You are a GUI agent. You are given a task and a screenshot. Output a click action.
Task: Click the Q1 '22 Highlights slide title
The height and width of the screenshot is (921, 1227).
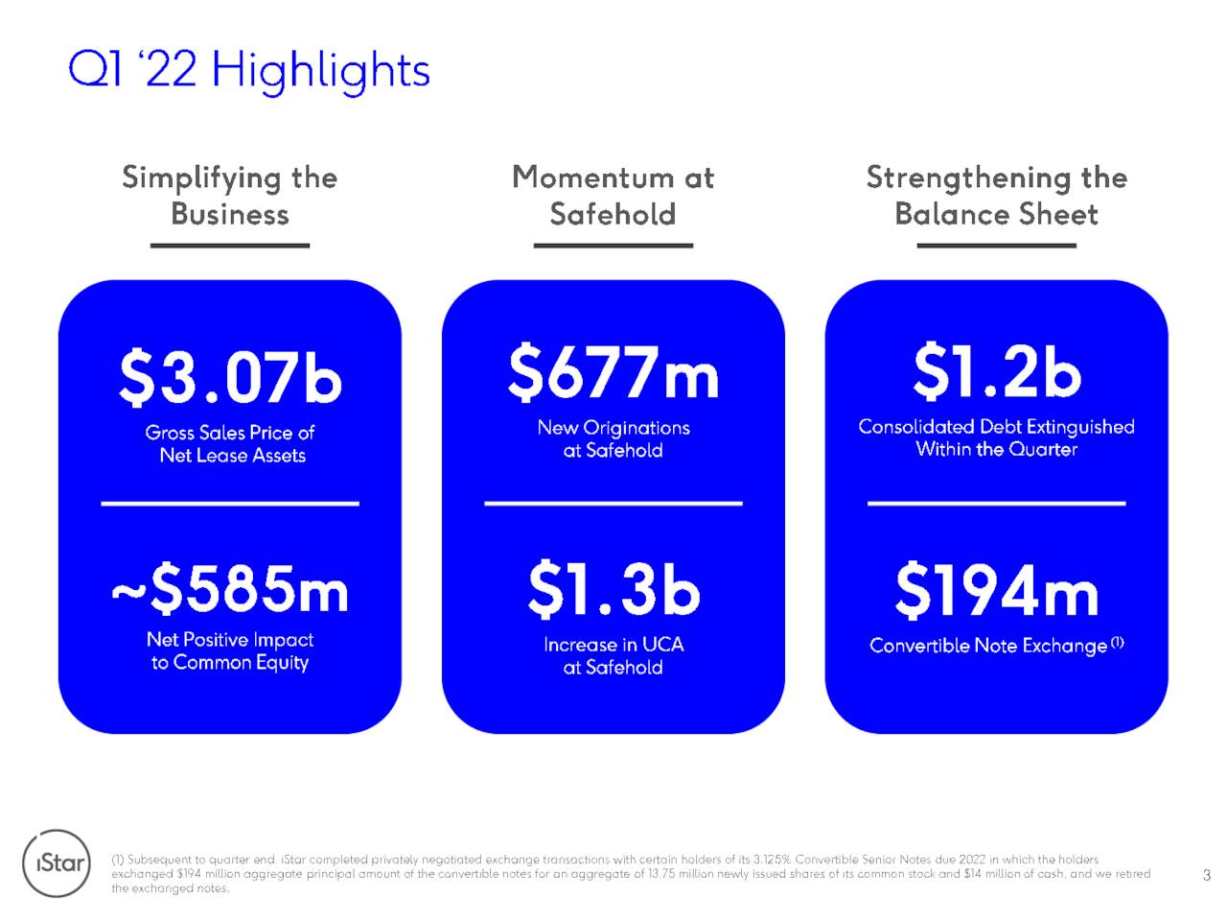(248, 72)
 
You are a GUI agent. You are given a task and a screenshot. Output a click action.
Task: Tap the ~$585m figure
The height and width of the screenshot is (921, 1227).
(230, 589)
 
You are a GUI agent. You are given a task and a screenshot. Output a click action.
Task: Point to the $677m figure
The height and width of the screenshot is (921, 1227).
(613, 372)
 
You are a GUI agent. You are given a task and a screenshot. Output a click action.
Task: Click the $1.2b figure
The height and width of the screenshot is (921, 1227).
(997, 371)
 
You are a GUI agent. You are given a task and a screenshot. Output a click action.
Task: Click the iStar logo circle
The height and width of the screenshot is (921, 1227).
(56, 862)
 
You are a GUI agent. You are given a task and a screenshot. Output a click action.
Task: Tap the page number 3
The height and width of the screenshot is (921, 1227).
(1206, 875)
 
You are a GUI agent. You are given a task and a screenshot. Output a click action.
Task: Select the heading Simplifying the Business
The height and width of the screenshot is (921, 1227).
(230, 196)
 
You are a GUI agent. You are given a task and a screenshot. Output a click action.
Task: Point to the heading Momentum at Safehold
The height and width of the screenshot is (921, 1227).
(613, 196)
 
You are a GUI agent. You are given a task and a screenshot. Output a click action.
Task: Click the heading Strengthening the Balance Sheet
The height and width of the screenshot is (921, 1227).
(997, 196)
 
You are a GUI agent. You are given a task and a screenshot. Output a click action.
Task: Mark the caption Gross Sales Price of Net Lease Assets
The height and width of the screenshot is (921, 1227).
(230, 444)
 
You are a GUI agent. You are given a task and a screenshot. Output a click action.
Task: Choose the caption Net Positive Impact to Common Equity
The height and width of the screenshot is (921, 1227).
(230, 650)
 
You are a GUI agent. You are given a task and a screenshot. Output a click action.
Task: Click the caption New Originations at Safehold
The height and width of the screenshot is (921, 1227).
(613, 439)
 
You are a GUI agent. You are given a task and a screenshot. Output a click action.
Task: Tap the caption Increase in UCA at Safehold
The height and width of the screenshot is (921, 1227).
(613, 656)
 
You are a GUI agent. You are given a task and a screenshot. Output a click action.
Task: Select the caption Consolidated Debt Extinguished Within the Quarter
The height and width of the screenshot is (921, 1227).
(997, 437)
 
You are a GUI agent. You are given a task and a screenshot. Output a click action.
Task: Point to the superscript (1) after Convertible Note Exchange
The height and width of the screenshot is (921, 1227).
(1117, 643)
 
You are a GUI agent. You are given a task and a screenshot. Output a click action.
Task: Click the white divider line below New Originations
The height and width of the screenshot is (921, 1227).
(613, 504)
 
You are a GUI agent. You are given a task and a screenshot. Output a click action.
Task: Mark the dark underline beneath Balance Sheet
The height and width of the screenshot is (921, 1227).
(997, 246)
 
